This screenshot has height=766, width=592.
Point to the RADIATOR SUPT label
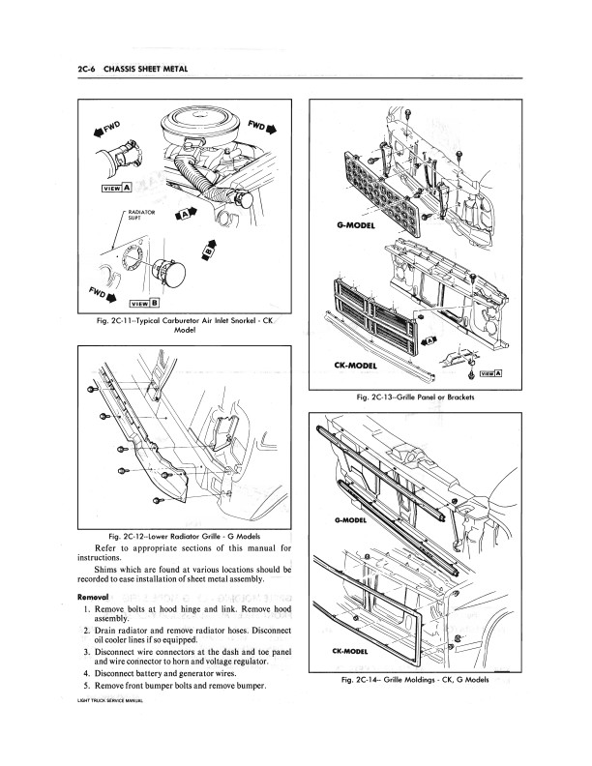[141, 218]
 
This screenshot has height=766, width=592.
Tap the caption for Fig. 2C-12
[184, 537]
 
